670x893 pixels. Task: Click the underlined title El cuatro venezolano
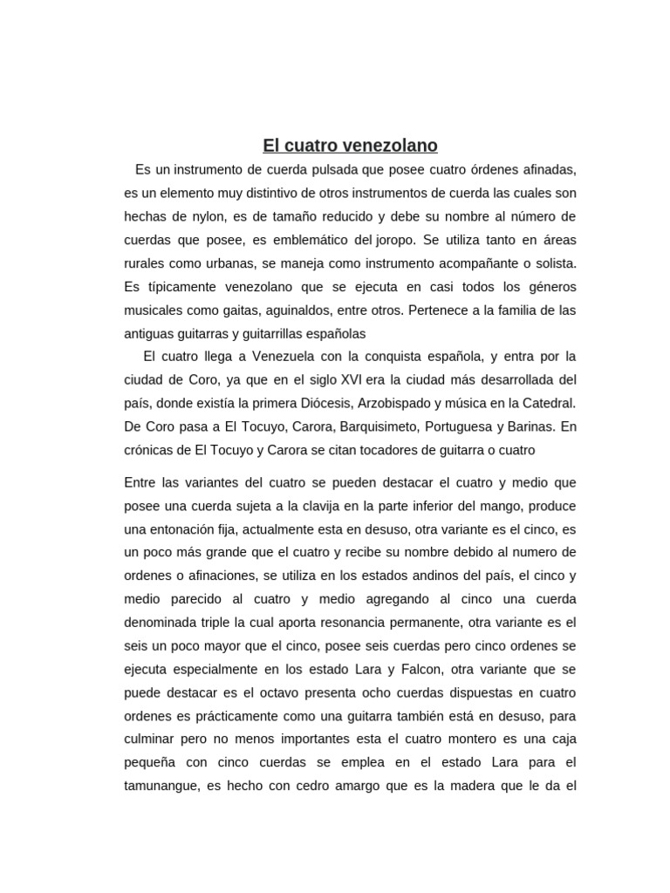pyautogui.click(x=351, y=145)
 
